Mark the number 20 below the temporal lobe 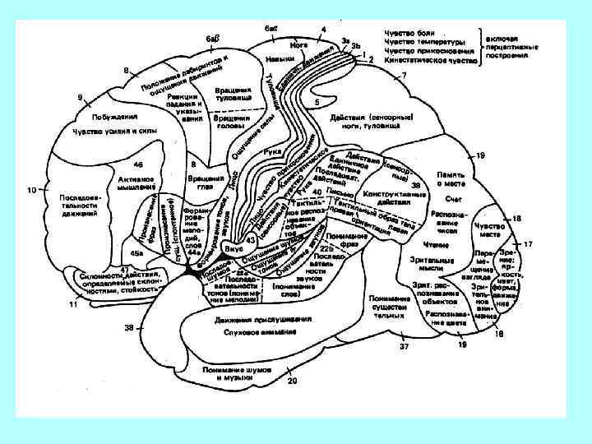(291, 381)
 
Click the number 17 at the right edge (529, 244)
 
